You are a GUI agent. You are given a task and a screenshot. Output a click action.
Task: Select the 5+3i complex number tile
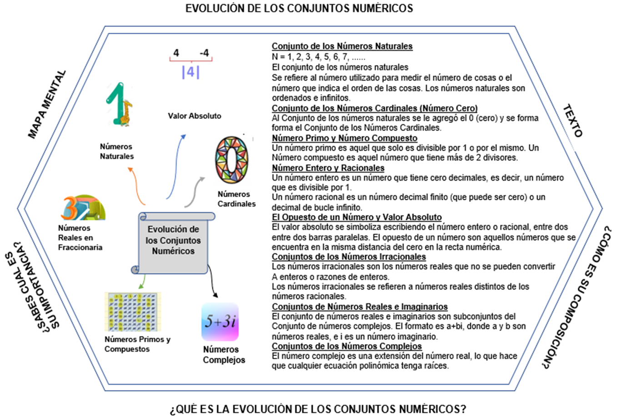(x=220, y=322)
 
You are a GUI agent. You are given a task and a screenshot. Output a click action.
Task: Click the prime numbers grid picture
(x=133, y=312)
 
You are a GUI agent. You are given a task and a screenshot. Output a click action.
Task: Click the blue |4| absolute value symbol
(x=190, y=72)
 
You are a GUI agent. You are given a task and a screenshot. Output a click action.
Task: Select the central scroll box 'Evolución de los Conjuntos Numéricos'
(x=173, y=241)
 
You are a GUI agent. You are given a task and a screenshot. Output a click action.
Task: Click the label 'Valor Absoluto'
(x=195, y=116)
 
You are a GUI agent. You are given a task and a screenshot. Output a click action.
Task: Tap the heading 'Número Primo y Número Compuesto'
(x=344, y=138)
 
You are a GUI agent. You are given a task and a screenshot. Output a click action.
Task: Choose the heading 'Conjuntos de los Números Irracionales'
(x=349, y=257)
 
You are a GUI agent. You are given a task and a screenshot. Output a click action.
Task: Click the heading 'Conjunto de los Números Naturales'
(x=342, y=46)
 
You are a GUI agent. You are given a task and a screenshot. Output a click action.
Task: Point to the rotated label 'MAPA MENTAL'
(x=47, y=104)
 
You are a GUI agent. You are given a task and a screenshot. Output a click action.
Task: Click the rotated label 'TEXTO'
(x=572, y=121)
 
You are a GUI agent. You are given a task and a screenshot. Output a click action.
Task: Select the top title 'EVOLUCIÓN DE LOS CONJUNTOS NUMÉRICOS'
(x=299, y=8)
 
